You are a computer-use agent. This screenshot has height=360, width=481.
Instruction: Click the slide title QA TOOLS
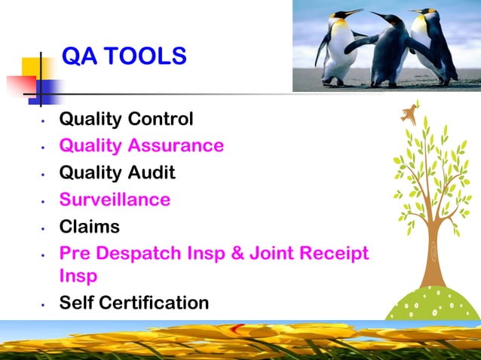tap(124, 56)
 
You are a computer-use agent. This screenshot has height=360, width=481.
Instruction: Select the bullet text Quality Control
tap(126, 119)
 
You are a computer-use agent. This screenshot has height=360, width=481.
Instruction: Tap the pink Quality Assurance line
tap(141, 145)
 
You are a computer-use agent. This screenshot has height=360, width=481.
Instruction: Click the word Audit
tap(149, 172)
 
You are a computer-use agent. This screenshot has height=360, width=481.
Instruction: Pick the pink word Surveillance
tap(115, 200)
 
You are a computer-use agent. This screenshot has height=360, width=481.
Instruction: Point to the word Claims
tap(89, 226)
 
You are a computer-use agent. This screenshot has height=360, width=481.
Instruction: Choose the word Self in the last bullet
tap(74, 303)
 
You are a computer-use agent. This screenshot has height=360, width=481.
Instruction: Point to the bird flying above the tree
tap(410, 113)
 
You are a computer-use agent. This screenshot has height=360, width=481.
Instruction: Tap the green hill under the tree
tap(434, 304)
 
